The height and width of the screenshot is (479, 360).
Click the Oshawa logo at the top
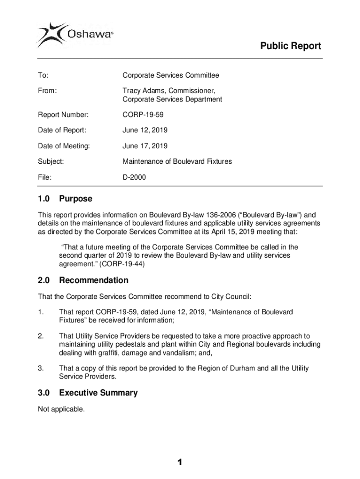(75, 34)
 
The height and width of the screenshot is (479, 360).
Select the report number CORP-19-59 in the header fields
(143, 115)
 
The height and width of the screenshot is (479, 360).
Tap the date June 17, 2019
(145, 146)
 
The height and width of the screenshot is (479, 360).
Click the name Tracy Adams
(142, 90)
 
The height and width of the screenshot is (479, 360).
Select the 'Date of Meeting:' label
(64, 146)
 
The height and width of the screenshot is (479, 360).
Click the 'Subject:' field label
(51, 161)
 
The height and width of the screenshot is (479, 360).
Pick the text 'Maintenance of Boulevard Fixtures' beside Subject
(177, 161)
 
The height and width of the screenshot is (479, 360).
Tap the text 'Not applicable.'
(61, 409)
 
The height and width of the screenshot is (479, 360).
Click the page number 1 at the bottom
(180, 463)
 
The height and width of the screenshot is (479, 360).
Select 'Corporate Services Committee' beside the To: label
(171, 75)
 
